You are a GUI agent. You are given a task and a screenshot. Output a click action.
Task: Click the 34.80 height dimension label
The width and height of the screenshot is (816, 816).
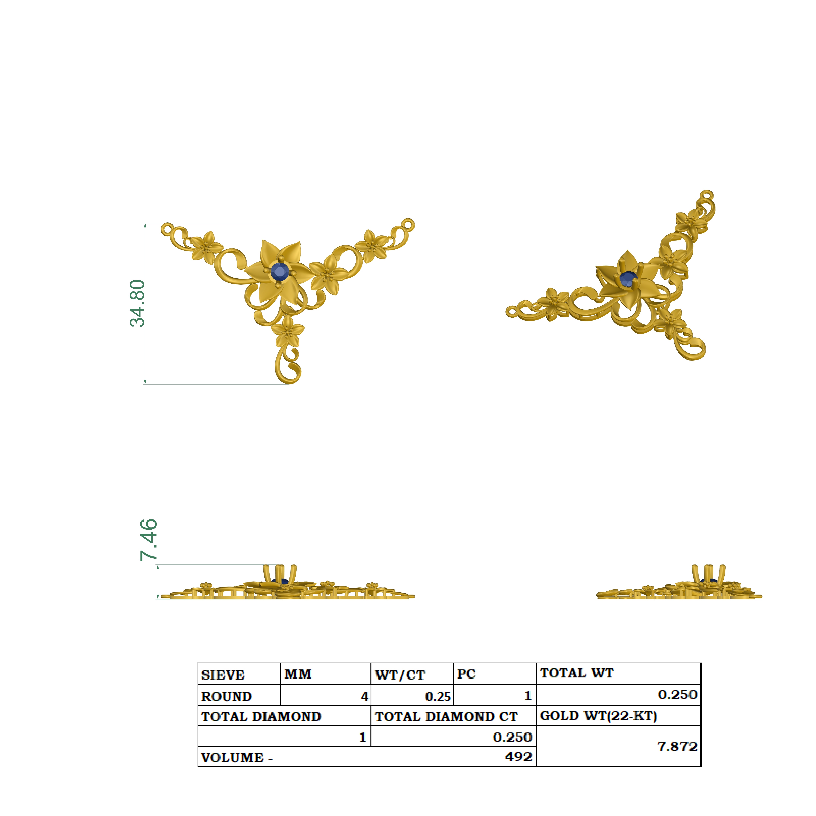(x=137, y=303)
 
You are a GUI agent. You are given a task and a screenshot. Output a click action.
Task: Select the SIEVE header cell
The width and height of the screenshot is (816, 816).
(x=223, y=675)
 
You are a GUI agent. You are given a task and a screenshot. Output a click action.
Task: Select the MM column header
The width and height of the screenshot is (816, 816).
(x=298, y=674)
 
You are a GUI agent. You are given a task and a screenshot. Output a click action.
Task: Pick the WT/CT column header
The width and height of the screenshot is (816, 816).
(x=400, y=675)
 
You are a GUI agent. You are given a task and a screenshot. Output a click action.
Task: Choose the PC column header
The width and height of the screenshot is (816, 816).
(x=467, y=674)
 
